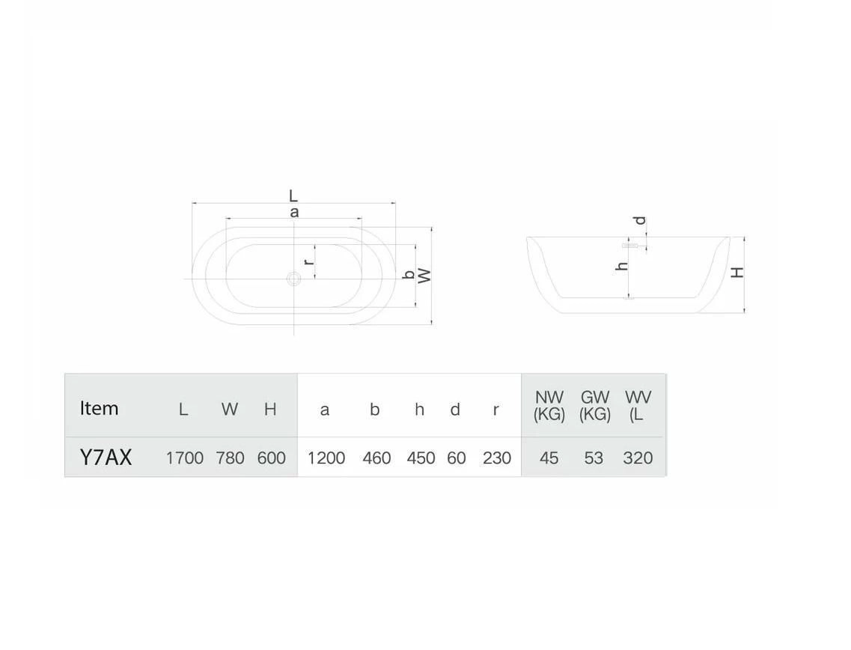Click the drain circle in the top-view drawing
293,279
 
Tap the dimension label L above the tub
293,195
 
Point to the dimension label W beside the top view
425,276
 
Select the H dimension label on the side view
737,272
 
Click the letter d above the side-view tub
641,220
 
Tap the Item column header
99,408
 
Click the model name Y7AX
106,458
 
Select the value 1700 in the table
185,458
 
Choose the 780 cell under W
230,458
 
